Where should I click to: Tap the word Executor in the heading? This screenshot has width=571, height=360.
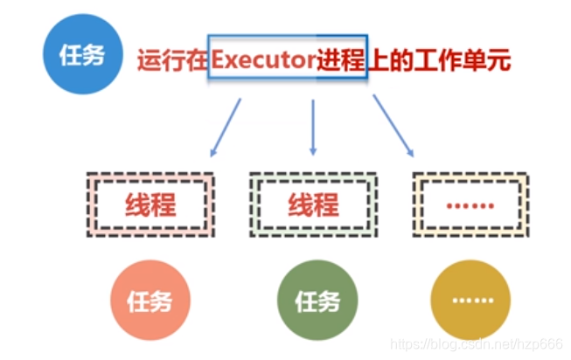263,61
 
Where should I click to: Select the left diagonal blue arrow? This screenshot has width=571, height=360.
226,128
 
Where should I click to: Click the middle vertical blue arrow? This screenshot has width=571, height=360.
313,128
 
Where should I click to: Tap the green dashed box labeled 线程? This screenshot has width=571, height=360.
313,204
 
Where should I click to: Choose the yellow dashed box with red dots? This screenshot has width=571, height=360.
470,204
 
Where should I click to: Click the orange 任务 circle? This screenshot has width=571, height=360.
149,301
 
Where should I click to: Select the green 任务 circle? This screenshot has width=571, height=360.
316,301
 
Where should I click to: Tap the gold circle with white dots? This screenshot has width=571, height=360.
470,301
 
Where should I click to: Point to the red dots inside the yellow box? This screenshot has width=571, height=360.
470,206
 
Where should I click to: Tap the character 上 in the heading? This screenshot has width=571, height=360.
377,61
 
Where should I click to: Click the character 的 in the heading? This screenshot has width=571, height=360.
404,61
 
